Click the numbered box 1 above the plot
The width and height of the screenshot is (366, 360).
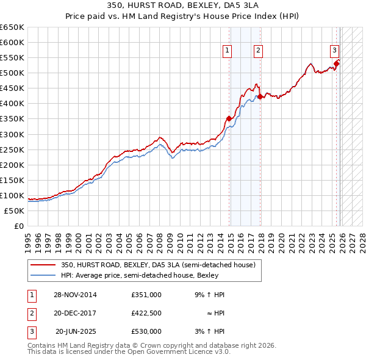(x=227, y=51)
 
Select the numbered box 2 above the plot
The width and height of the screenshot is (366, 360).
(x=259, y=51)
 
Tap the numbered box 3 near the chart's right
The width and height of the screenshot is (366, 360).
(x=335, y=51)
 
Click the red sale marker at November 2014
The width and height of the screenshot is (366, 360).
(x=229, y=118)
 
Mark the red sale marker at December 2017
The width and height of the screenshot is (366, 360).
(x=260, y=96)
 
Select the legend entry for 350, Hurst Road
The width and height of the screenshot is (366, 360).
(x=161, y=265)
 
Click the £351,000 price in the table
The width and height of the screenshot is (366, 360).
(x=146, y=295)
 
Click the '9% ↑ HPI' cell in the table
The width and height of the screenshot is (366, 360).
(x=209, y=295)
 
